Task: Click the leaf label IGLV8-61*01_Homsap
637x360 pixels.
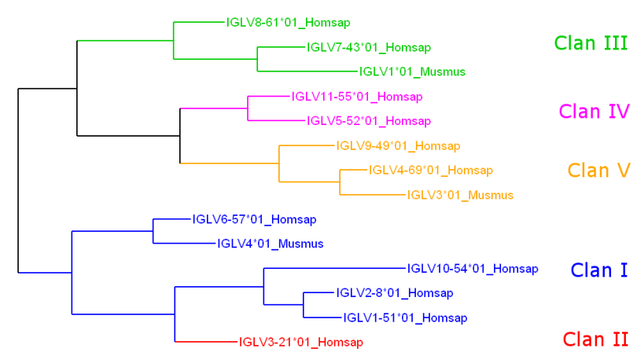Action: [288, 22]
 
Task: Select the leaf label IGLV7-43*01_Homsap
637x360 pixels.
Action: [369, 47]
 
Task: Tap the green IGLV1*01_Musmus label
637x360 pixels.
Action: [413, 72]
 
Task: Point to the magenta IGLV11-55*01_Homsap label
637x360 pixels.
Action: [357, 97]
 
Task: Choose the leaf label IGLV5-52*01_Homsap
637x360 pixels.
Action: [369, 121]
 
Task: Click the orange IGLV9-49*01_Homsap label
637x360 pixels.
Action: [398, 145]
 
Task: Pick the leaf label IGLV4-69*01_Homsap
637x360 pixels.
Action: [431, 170]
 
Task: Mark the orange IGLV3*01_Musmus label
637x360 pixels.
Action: [460, 195]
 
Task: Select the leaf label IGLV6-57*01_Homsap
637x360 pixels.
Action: [254, 219]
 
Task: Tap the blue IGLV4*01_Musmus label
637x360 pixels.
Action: [270, 244]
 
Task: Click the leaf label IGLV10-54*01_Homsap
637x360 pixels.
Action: [473, 269]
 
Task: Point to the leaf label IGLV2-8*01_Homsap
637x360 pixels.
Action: [395, 293]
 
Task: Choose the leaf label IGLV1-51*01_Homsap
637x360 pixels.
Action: [406, 318]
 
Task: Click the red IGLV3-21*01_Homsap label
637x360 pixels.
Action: [300, 342]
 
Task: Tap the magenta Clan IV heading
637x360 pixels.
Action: [594, 112]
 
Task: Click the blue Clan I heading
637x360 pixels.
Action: [599, 270]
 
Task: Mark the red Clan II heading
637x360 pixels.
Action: [596, 340]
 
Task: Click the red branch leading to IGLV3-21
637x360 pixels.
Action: [205, 342]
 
